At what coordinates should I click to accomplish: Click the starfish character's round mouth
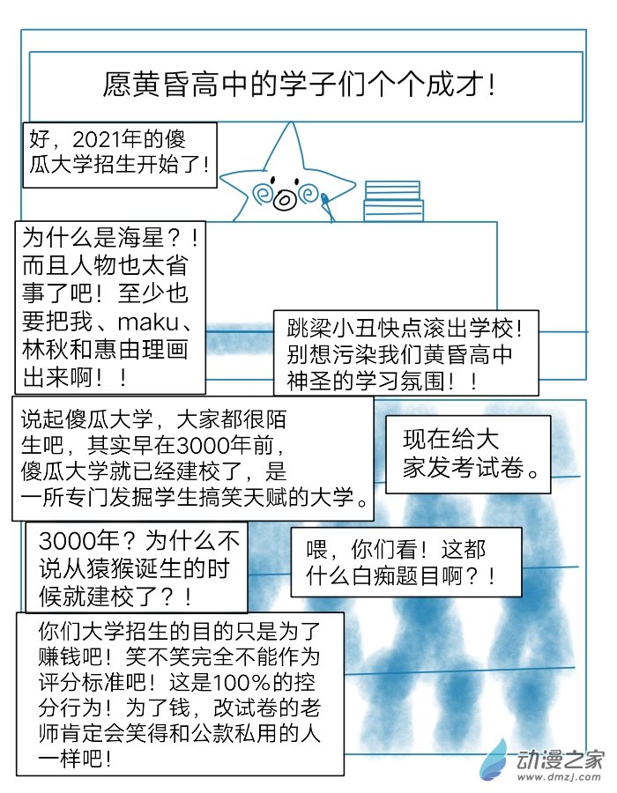pos(284,200)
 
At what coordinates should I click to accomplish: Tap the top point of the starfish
pos(291,122)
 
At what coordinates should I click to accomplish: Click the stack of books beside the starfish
pos(393,201)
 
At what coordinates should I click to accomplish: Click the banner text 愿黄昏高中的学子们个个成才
pos(299,85)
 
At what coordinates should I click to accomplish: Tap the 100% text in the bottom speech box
pos(241,683)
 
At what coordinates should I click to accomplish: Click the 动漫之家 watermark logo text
pos(560,760)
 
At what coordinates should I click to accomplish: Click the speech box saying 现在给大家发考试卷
pos(468,454)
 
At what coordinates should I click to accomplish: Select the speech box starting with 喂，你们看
pos(405,562)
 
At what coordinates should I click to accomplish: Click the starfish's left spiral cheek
pos(262,194)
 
